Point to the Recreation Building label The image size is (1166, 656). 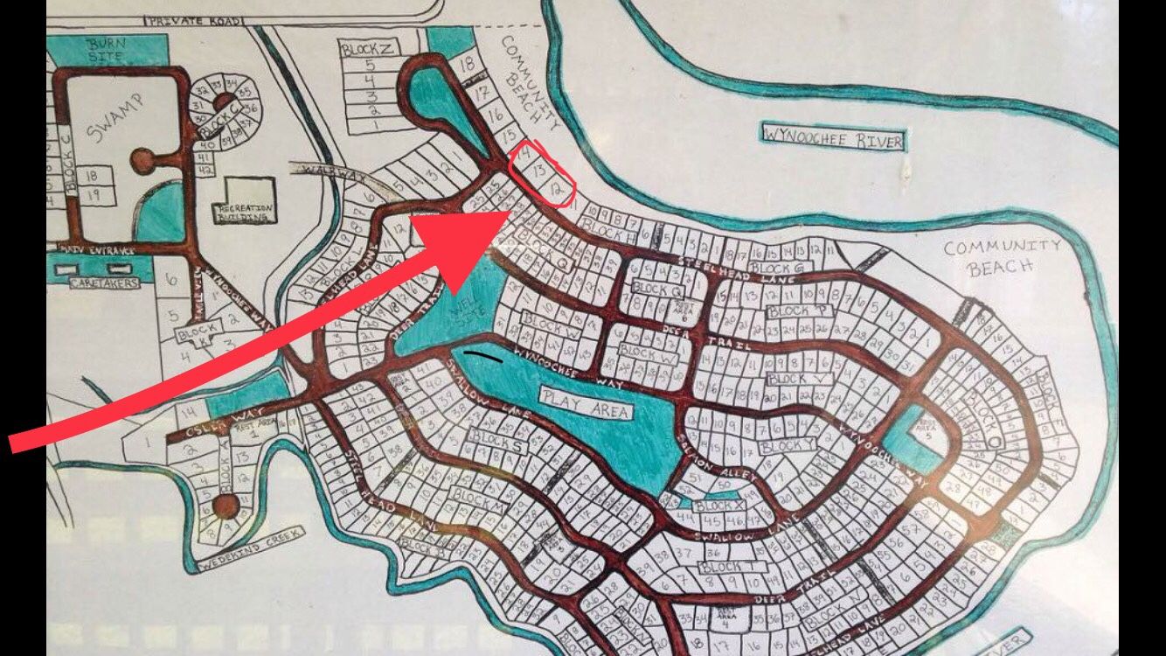246,212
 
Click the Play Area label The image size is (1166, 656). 586,403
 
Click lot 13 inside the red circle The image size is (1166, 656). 540,170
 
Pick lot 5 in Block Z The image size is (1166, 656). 370,65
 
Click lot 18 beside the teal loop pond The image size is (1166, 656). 467,63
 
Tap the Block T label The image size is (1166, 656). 725,567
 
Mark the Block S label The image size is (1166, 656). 497,440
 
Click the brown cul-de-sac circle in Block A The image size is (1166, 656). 226,504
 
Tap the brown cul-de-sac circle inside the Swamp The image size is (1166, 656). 142,160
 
